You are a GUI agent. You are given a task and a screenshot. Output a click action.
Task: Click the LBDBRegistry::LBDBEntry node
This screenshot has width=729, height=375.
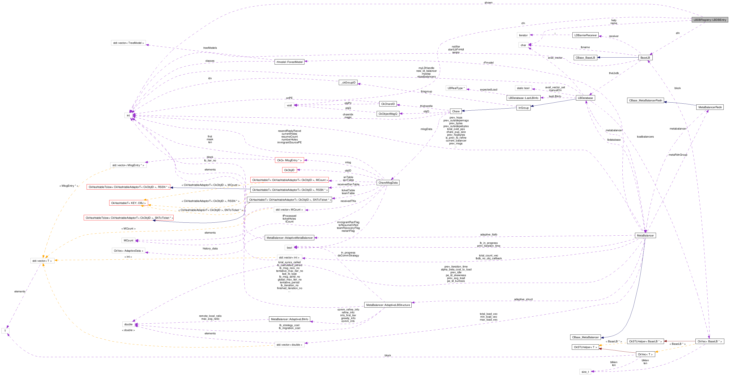pyautogui.click(x=709, y=20)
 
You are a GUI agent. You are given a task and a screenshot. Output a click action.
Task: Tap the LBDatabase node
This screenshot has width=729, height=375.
pyautogui.click(x=585, y=98)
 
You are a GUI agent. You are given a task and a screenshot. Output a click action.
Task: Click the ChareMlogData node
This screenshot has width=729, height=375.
pyautogui.click(x=388, y=183)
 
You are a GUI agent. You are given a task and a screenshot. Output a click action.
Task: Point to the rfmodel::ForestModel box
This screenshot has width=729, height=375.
pyautogui.click(x=289, y=62)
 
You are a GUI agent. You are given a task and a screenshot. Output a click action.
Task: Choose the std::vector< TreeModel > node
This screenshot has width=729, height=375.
pyautogui.click(x=128, y=43)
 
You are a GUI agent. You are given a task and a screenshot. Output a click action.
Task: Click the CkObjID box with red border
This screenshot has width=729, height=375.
pyautogui.click(x=289, y=170)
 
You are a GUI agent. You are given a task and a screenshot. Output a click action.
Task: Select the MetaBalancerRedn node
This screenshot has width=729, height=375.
pyautogui.click(x=710, y=107)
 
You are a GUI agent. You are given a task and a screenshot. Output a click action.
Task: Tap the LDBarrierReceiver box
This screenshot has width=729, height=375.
pyautogui.click(x=585, y=35)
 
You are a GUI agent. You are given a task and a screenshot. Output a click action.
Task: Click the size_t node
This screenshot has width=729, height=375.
pyautogui.click(x=585, y=372)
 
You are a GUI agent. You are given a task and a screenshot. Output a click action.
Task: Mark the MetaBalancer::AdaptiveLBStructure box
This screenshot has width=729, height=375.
pyautogui.click(x=388, y=305)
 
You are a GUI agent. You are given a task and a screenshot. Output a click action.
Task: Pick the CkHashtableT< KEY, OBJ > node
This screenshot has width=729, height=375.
pyautogui.click(x=129, y=203)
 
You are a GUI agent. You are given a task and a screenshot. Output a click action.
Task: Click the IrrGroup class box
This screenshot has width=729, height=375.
pyautogui.click(x=523, y=108)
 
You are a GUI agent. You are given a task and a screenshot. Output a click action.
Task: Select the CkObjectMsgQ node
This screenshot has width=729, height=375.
pyautogui.click(x=388, y=114)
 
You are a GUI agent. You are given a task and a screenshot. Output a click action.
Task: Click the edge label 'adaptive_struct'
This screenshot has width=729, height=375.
pyautogui.click(x=523, y=299)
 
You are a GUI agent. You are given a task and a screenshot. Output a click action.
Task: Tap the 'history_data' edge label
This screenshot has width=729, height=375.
pyautogui.click(x=210, y=249)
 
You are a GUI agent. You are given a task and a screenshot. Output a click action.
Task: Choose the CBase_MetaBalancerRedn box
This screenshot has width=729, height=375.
pyautogui.click(x=645, y=100)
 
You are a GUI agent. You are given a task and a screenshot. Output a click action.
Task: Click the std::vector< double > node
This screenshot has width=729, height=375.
pyautogui.click(x=289, y=345)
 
